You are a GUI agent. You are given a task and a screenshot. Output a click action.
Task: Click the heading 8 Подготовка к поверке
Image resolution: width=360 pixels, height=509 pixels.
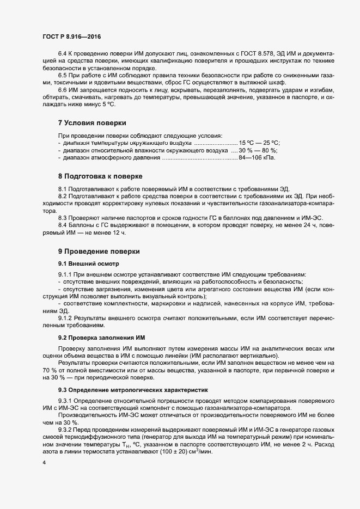(100, 176)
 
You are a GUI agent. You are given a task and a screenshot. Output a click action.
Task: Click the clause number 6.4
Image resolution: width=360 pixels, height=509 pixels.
(63, 54)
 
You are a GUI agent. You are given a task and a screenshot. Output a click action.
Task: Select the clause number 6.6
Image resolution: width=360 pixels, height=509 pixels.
(63, 89)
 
